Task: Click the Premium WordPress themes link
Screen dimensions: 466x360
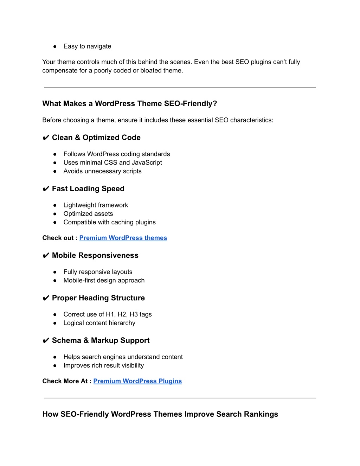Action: pyautogui.click(x=123, y=238)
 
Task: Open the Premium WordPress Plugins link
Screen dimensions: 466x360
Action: pyautogui.click(x=137, y=381)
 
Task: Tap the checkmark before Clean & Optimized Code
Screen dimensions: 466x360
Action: pyautogui.click(x=46, y=138)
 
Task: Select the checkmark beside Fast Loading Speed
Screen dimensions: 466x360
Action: pyautogui.click(x=46, y=189)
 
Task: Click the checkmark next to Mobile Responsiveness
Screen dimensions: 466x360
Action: pyautogui.click(x=46, y=256)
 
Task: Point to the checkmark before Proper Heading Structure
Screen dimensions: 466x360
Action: pyautogui.click(x=46, y=298)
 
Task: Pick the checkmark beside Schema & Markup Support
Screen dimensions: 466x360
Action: pyautogui.click(x=46, y=341)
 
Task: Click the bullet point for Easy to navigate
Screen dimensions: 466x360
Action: pyautogui.click(x=55, y=46)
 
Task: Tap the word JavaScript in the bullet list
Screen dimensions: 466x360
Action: pyautogui.click(x=147, y=162)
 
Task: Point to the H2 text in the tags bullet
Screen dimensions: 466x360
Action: pyautogui.click(x=122, y=314)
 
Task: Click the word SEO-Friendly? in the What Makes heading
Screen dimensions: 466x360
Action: pyautogui.click(x=191, y=104)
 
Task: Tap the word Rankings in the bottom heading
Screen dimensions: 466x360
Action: pyautogui.click(x=261, y=414)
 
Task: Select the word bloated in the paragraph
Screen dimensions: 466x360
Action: pyautogui.click(x=151, y=71)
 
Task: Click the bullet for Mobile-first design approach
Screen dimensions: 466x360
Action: pyautogui.click(x=55, y=281)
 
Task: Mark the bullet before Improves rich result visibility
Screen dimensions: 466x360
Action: pyautogui.click(x=55, y=366)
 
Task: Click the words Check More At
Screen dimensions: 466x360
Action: pyautogui.click(x=65, y=381)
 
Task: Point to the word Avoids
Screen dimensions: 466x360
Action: pyautogui.click(x=73, y=171)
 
